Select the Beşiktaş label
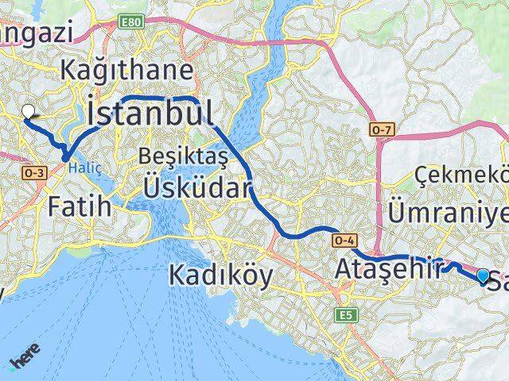point(183,157)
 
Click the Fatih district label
point(79,208)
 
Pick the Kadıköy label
point(220,275)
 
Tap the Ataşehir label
point(388,267)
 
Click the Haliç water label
point(80,167)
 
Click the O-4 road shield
point(345,239)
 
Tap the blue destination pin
point(484,275)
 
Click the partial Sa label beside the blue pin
point(498,280)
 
